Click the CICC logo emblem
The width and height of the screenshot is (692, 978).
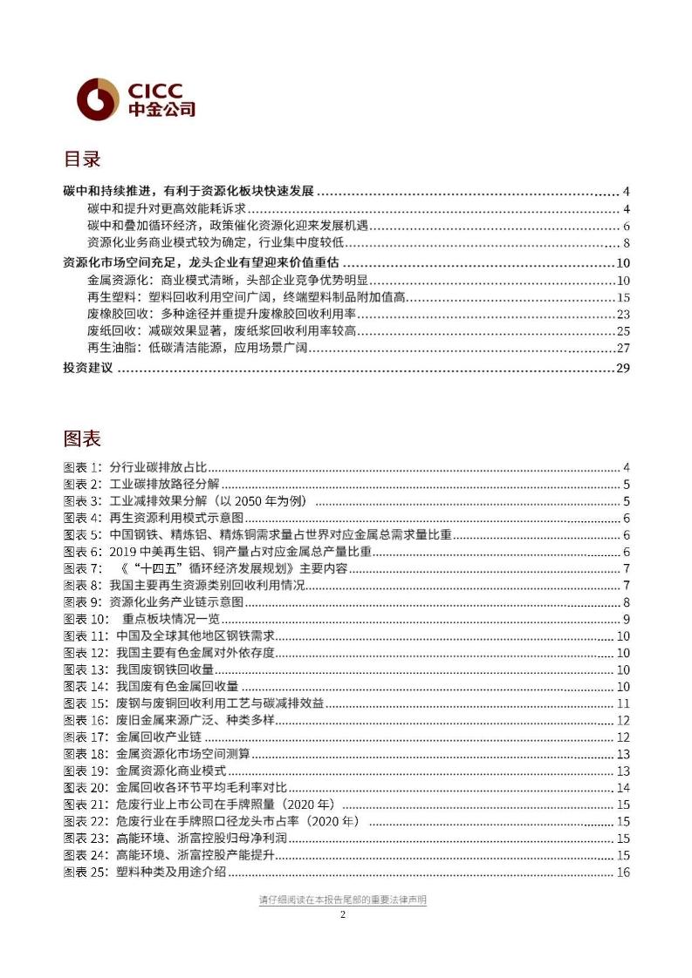pyautogui.click(x=97, y=98)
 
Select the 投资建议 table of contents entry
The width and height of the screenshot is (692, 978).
pyautogui.click(x=89, y=369)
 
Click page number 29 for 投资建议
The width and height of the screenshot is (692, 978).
pyautogui.click(x=622, y=369)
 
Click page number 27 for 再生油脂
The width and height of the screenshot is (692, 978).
pyautogui.click(x=622, y=349)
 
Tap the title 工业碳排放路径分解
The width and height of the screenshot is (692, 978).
pyautogui.click(x=165, y=485)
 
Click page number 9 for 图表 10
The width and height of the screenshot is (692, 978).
pyautogui.click(x=626, y=619)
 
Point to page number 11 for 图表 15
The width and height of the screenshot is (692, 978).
pyautogui.click(x=623, y=703)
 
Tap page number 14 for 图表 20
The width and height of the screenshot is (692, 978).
pyautogui.click(x=623, y=788)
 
